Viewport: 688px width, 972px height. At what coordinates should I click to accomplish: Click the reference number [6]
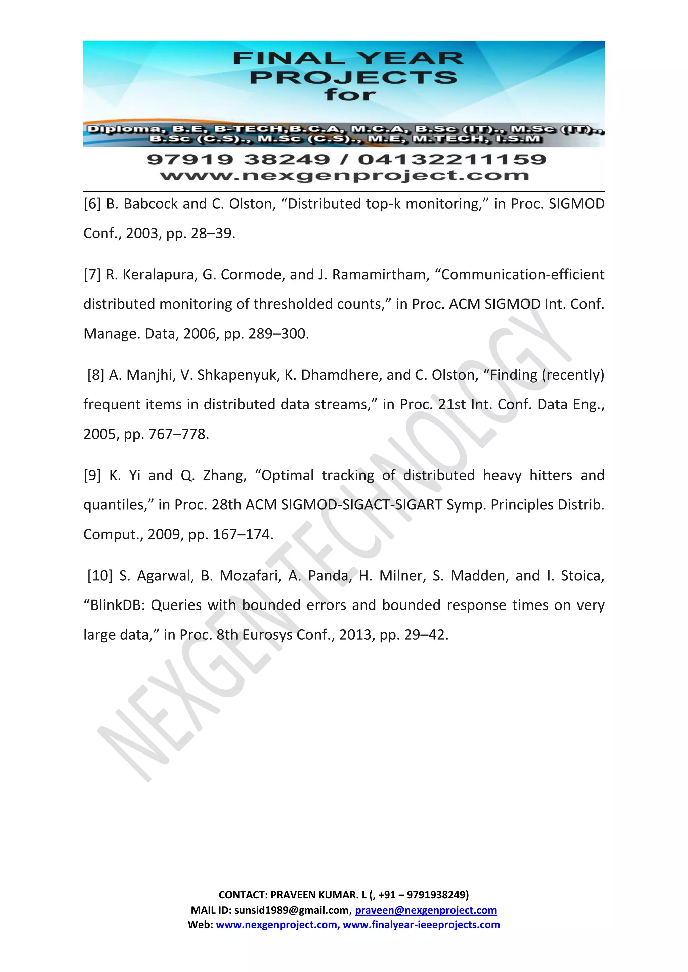92,204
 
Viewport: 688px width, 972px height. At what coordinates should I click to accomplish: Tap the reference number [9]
92,475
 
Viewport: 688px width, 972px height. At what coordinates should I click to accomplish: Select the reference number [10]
99,576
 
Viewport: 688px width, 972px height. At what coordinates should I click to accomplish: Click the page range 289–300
276,334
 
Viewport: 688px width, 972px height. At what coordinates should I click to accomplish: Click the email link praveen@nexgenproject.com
426,910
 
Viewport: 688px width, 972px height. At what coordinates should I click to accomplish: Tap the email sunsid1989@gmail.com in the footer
292,910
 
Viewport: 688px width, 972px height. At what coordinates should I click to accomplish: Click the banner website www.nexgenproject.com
344,175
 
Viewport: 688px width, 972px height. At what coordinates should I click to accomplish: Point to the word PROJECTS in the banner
353,78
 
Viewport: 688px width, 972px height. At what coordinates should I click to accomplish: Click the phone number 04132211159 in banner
452,160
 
